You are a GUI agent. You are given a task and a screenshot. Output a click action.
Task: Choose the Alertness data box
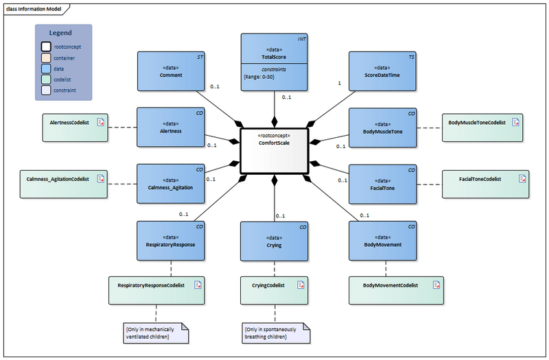[x=171, y=127]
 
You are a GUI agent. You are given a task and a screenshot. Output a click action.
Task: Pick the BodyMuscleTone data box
[x=382, y=127]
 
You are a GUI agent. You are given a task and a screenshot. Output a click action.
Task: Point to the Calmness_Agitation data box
[x=171, y=183]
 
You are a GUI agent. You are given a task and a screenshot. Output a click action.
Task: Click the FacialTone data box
[x=382, y=183]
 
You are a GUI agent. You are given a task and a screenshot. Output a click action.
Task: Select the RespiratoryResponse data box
[x=171, y=240]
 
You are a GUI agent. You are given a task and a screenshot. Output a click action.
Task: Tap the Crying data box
[x=274, y=240]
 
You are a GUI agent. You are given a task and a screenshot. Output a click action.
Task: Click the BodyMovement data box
[x=382, y=240]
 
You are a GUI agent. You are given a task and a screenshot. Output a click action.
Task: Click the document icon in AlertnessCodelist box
[x=100, y=123]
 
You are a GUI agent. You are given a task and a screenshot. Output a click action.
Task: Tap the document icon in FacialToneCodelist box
[x=522, y=179]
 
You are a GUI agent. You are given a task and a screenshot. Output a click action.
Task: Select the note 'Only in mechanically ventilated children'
[x=155, y=333]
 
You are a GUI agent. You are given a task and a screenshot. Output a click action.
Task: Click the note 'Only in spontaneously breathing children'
[x=275, y=333]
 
